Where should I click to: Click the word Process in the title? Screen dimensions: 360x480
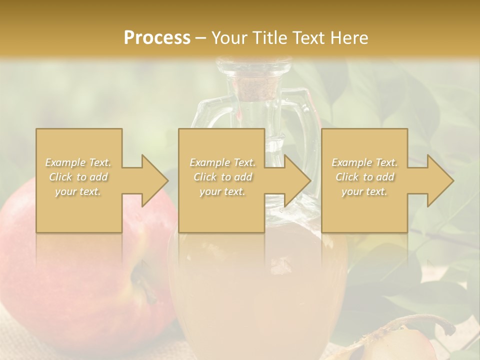pos(157,37)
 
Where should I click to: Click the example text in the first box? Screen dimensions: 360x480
pos(78,176)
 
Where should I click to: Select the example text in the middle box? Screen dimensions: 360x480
pos(222,176)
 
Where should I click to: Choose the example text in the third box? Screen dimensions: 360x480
pos(364,176)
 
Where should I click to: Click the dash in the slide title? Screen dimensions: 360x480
pos(201,37)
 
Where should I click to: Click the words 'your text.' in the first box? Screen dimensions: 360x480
pos(78,191)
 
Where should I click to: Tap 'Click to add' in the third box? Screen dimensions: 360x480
pos(364,177)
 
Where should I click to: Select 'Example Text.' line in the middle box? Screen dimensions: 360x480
pos(222,162)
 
